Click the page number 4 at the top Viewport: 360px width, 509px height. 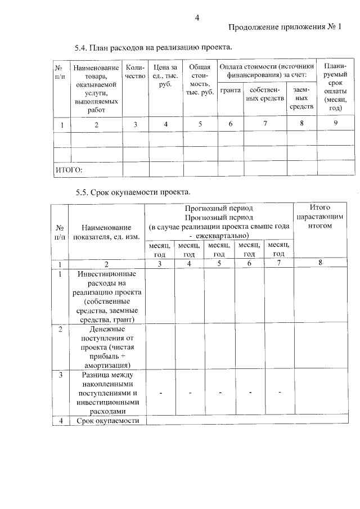coord(197,17)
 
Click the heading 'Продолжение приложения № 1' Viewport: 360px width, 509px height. coord(285,28)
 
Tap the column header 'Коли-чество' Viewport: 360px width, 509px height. coord(135,71)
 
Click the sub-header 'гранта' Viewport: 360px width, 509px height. coord(231,90)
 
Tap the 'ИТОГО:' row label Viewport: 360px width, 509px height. coord(69,169)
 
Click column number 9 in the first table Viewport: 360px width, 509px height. coord(335,124)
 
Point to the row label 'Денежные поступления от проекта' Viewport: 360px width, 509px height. coord(106,346)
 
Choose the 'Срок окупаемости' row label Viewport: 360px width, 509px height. coord(106,421)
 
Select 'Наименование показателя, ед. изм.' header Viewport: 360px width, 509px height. coord(106,232)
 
